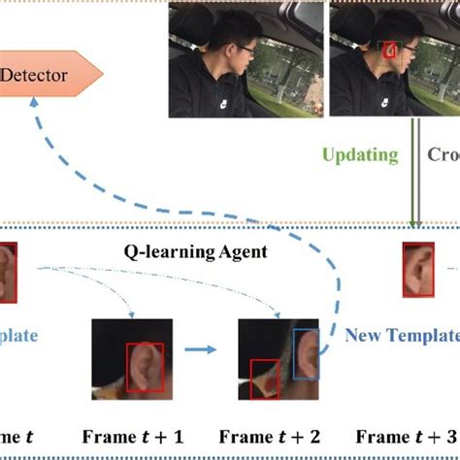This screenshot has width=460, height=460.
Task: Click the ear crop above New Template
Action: pos(418,269)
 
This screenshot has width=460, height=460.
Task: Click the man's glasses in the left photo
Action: pos(242,46)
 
